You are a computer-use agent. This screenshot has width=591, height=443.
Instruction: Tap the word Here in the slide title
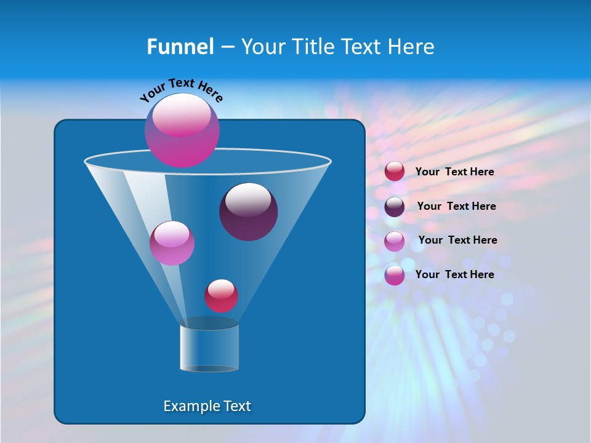(x=410, y=47)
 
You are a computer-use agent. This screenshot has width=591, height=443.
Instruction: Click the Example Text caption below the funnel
(x=207, y=406)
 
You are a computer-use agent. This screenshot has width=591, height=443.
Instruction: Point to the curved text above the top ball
(x=181, y=89)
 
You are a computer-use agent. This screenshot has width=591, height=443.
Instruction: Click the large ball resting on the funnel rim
(x=182, y=130)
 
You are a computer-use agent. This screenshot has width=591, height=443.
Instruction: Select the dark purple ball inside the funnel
(x=249, y=212)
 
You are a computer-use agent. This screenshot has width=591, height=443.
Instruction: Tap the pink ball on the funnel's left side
(x=172, y=243)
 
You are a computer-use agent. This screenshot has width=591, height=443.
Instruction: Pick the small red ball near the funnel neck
(x=221, y=295)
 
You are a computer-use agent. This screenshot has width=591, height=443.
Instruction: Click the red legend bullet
(x=395, y=172)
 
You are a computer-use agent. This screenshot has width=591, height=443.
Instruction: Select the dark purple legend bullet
(x=395, y=207)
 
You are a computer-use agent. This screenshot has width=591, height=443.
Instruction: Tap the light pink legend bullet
(x=395, y=241)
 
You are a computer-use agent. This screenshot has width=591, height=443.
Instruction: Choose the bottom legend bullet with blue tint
(x=395, y=275)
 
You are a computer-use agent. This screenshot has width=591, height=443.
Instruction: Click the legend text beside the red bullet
(x=454, y=172)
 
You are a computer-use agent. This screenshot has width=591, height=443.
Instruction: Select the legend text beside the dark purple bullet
(x=456, y=206)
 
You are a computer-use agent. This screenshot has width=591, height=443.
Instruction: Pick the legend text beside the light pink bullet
(x=457, y=240)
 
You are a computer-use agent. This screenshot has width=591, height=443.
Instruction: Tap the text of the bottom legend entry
(x=454, y=274)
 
